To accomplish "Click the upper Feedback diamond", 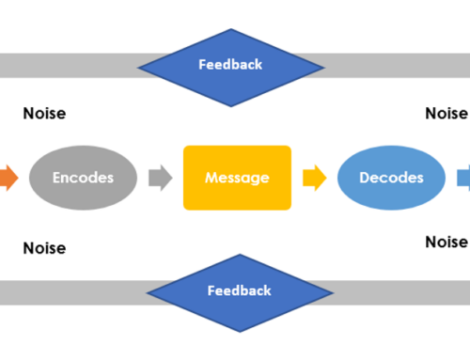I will click(231, 65).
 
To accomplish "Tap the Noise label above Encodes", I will click(44, 114).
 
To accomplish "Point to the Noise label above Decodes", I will click(446, 114).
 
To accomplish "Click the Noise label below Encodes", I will click(44, 248).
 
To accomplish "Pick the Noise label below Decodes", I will click(446, 242).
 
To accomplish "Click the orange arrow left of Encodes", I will click(8, 178).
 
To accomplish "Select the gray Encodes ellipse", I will click(83, 178).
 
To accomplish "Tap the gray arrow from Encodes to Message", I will click(160, 178).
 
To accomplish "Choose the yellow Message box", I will click(237, 178).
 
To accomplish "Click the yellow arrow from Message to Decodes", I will click(314, 178).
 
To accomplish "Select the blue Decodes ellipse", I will click(392, 178).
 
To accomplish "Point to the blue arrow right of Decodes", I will click(464, 178).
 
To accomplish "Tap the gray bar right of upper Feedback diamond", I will click(395, 65).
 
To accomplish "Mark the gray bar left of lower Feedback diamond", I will click(70, 291).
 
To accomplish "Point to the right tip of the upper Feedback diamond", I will click(322, 65).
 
